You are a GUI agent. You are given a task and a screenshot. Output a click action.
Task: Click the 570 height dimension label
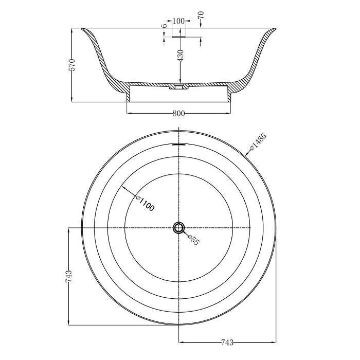73,65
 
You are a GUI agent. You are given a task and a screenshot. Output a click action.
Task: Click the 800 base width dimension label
178,114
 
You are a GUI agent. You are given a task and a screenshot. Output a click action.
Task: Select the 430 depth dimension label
181,56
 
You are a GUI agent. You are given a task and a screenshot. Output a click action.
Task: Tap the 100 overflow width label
178,21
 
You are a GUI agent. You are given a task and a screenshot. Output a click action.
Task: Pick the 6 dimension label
165,26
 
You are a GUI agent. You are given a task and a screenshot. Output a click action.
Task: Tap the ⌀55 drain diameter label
193,240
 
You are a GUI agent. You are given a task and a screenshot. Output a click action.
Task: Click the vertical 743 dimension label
69,276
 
